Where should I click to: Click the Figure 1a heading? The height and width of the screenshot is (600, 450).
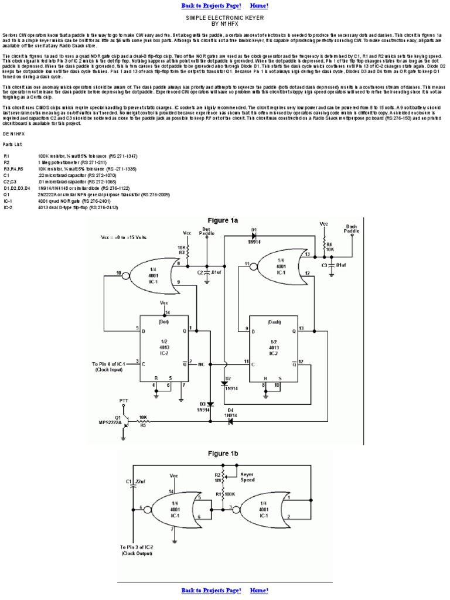pyautogui.click(x=225, y=220)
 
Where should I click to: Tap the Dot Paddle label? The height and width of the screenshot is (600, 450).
pyautogui.click(x=207, y=230)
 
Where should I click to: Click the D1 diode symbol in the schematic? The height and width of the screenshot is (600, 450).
pyautogui.click(x=254, y=236)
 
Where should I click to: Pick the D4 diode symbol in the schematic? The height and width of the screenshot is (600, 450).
pyautogui.click(x=230, y=420)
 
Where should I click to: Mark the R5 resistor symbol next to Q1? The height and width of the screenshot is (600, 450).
pyautogui.click(x=142, y=420)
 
